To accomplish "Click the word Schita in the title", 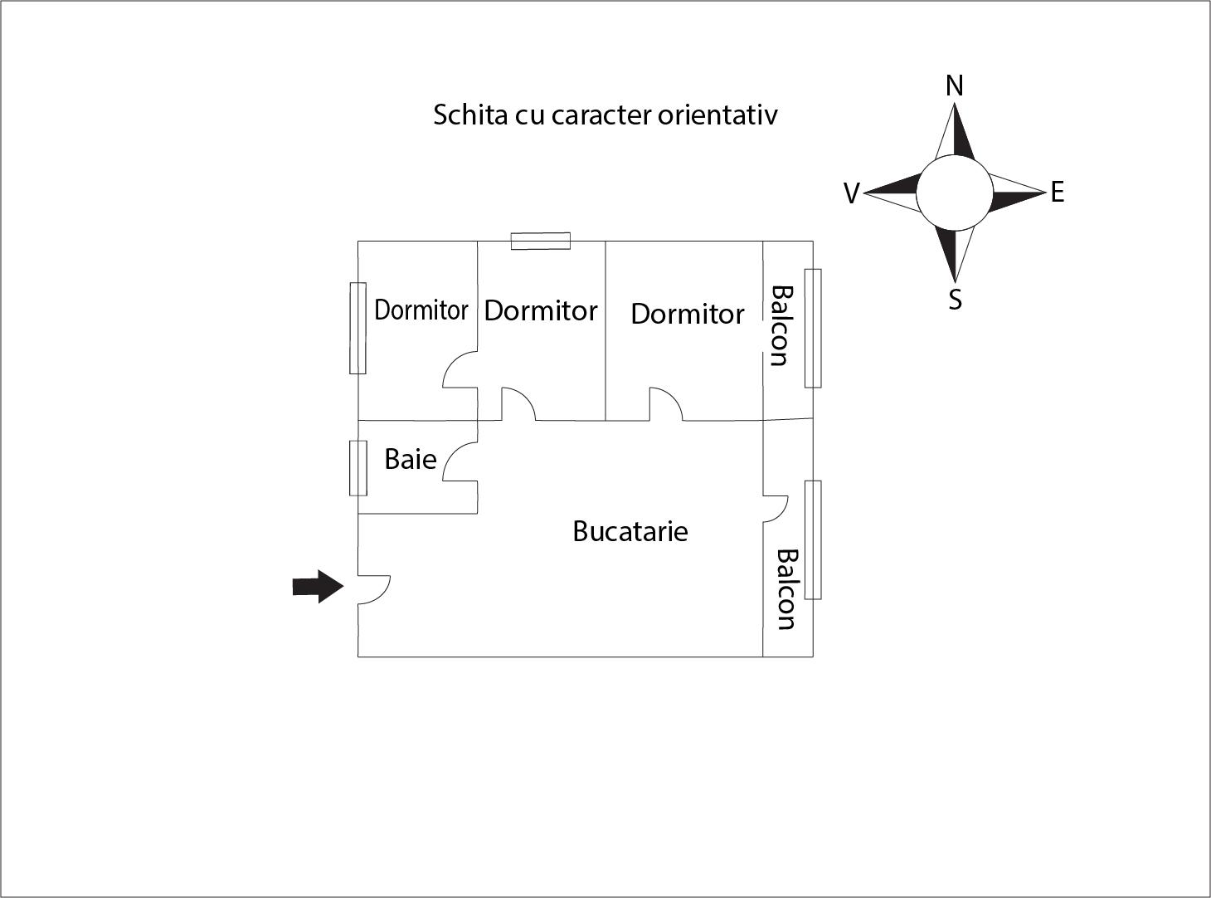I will pos(469,115).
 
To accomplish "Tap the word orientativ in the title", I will pos(717,115).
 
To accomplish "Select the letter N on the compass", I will pos(955,85).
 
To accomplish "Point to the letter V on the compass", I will pos(851,193).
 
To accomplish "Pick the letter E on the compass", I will pos(1057,193).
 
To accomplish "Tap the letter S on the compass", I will pos(956,300).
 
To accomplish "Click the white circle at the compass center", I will pos(954,193).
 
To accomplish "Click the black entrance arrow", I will pos(318,587).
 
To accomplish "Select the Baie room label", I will pos(410,459).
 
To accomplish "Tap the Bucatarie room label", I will pos(630,531).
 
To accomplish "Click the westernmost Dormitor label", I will pos(421,310).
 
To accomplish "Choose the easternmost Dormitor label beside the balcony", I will pos(688,314).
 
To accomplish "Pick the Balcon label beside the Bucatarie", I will pos(786,589).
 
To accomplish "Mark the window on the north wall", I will pos(541,241).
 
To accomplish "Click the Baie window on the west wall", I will pos(357,468).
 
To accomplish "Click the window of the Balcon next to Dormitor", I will pos(813,328).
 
